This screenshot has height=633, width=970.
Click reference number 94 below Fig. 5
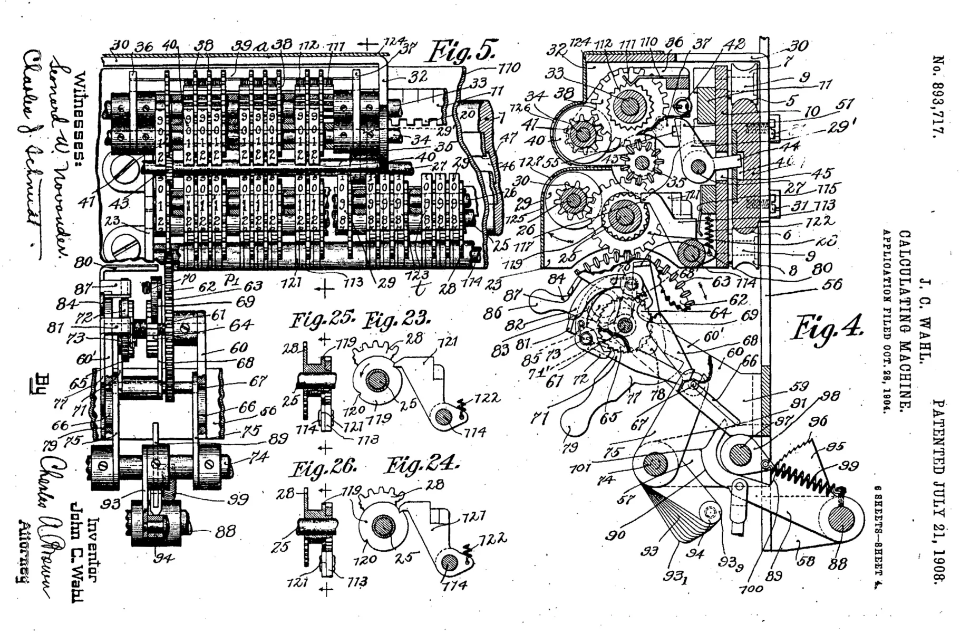coord(163,557)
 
